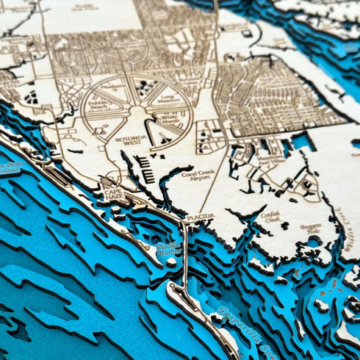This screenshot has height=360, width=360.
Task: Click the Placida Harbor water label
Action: tap(169, 248)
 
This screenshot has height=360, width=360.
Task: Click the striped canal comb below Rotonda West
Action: tap(145, 170)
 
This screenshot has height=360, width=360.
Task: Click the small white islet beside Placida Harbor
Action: tap(171, 262)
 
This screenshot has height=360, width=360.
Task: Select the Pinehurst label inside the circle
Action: tap(115, 86)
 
